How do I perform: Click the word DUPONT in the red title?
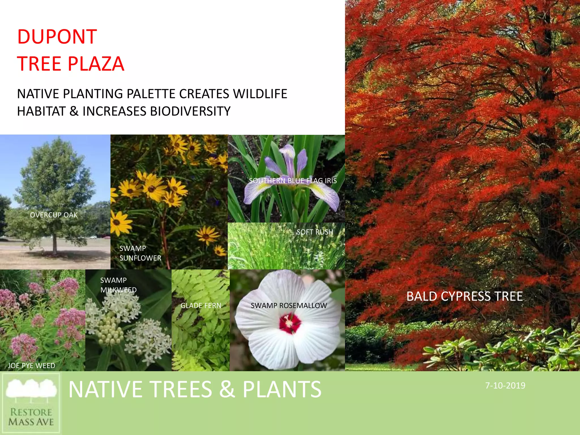(x=57, y=37)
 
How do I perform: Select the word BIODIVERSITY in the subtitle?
(x=190, y=111)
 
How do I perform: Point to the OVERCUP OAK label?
(x=54, y=215)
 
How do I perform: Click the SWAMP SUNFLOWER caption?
(x=140, y=253)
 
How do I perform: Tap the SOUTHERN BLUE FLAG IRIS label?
(x=293, y=181)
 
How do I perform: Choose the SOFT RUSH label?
(x=315, y=232)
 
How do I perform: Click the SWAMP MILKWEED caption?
(x=118, y=285)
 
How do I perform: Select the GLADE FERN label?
(x=201, y=306)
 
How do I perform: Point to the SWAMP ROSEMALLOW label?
(x=289, y=306)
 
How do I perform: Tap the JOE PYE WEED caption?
(x=31, y=366)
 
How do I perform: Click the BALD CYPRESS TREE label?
(x=464, y=297)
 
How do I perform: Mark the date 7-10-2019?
(x=505, y=386)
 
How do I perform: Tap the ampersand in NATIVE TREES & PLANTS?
(x=227, y=389)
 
